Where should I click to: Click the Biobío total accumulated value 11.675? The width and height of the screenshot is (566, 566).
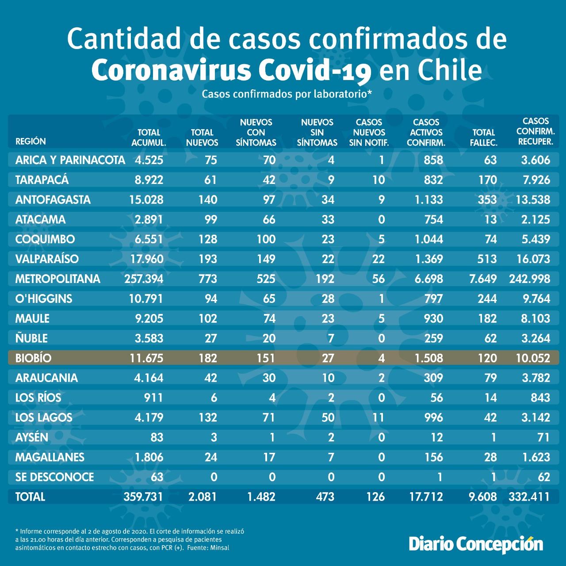[x=146, y=358]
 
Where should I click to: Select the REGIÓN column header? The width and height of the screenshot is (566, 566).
[x=31, y=141]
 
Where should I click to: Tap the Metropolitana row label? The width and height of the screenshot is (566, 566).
[x=57, y=279]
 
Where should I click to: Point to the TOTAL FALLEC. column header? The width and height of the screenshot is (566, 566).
[x=483, y=138]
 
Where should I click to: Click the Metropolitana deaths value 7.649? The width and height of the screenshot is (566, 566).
[x=483, y=279]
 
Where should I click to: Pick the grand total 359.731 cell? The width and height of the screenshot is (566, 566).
[x=143, y=497]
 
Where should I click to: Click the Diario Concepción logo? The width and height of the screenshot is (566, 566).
[x=476, y=544]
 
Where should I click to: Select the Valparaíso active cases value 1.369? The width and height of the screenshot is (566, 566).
[x=428, y=259]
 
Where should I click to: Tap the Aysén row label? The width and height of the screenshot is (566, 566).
[x=31, y=437]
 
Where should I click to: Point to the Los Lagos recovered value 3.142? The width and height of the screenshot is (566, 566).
[x=536, y=417]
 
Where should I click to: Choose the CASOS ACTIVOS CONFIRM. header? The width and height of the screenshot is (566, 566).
[x=426, y=133]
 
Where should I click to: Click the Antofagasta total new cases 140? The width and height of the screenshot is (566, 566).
[x=208, y=200]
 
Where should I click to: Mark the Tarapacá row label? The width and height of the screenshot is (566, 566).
[x=42, y=180]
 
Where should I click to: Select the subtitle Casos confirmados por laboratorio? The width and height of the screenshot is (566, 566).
[x=287, y=94]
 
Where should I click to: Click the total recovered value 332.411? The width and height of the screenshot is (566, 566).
[x=529, y=497]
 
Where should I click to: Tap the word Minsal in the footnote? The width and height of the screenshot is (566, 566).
[x=220, y=548]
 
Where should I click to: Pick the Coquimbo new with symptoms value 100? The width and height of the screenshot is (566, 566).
[x=266, y=239]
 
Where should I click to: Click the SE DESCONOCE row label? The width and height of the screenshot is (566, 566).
[x=55, y=477]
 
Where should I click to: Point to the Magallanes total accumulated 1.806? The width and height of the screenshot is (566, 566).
[x=149, y=457]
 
